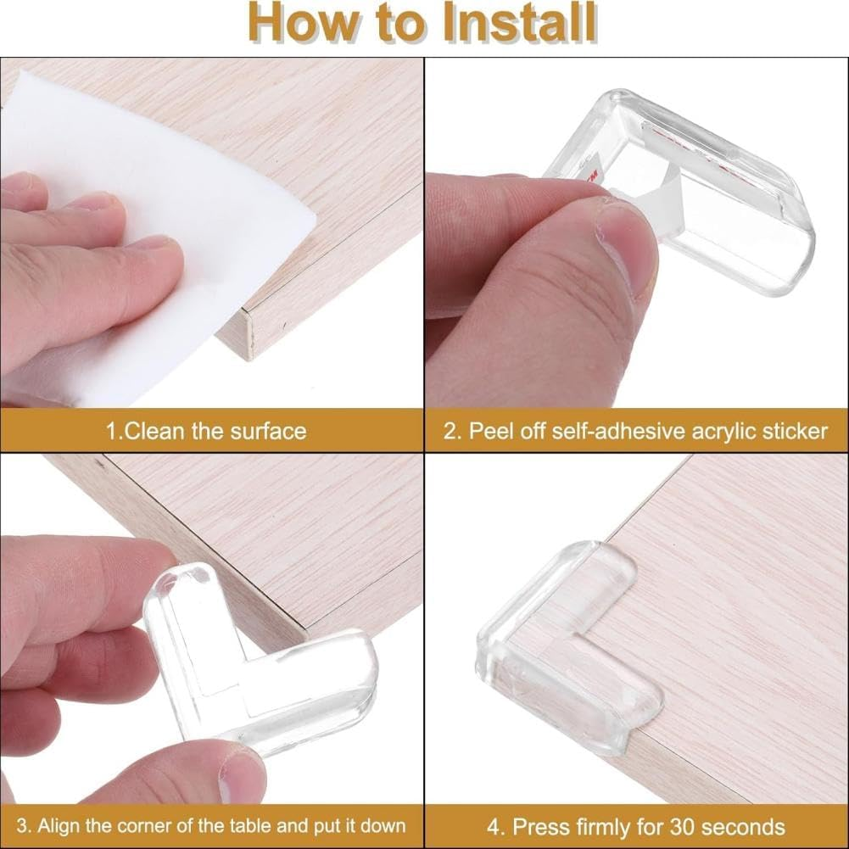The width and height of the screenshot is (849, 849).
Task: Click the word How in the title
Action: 299,24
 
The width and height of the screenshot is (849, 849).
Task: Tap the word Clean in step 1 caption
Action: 156,431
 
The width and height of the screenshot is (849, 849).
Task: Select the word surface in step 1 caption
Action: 268,431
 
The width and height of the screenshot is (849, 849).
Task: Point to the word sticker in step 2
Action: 789,431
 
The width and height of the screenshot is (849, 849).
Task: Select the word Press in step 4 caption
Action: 542,825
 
